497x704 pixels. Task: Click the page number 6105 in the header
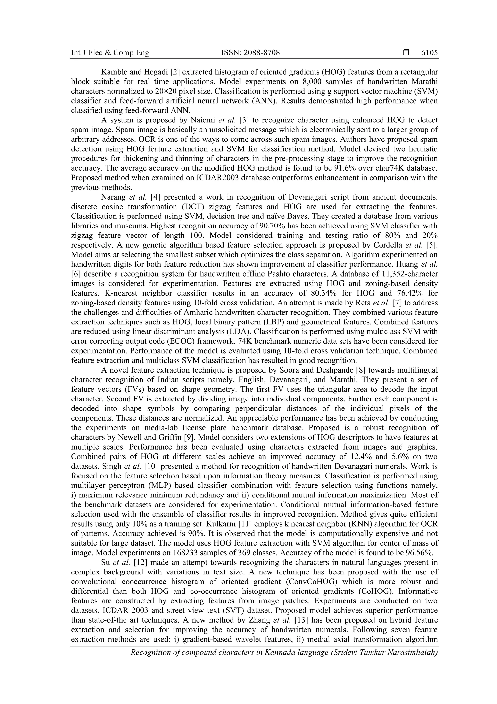[429, 53]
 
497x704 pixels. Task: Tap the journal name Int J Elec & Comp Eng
[110, 53]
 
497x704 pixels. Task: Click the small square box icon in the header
[406, 53]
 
